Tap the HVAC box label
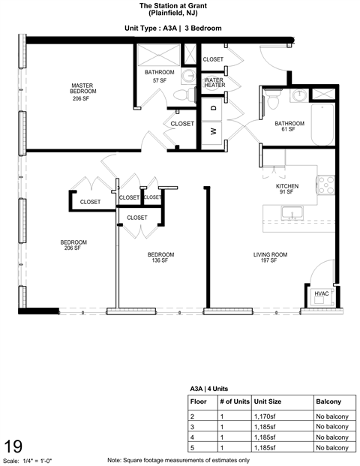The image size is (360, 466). tap(322, 294)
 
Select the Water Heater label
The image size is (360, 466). tap(214, 83)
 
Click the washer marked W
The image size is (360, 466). tap(213, 131)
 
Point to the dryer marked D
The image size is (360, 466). tap(213, 108)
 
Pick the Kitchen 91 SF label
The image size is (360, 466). tap(287, 188)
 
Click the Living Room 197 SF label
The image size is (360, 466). tap(269, 258)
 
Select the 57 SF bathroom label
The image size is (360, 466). tap(160, 76)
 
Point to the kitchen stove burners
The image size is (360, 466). tap(326, 184)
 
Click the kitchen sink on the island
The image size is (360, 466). tap(290, 214)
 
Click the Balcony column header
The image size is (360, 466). tap(328, 401)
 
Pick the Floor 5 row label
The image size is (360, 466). tap(193, 448)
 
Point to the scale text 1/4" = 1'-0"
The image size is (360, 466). tap(45, 459)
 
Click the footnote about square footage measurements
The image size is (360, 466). tap(178, 459)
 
